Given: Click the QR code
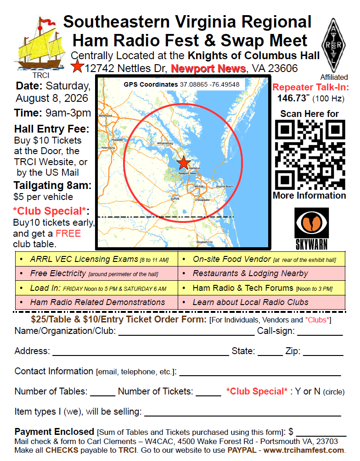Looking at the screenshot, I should click(310, 155).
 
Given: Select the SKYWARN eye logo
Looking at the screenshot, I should click(311, 229).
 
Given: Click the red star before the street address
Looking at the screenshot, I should click(78, 68).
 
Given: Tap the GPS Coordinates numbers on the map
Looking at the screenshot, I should click(209, 85).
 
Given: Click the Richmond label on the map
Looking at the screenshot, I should click(105, 116).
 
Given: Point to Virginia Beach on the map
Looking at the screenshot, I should click(225, 186).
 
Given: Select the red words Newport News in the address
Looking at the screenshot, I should click(208, 69).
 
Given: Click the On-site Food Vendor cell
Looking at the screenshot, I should click(262, 259).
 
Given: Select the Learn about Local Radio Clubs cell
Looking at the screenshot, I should click(250, 302).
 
